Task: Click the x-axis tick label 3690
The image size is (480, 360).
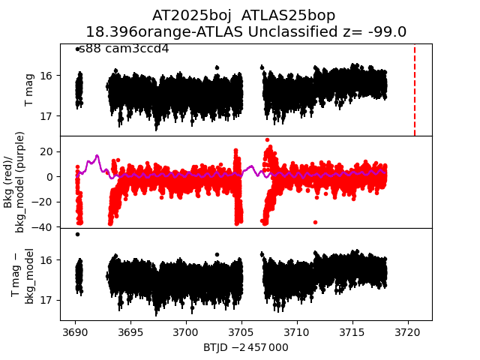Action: point(76,332)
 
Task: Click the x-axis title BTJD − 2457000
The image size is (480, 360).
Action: point(246,347)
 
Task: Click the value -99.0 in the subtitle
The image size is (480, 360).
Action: point(383,32)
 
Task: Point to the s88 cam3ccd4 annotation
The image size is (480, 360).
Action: point(124,49)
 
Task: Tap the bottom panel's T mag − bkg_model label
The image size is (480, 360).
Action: point(22,275)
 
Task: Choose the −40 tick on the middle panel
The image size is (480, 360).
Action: point(43,227)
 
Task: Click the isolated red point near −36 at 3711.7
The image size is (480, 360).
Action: point(315,222)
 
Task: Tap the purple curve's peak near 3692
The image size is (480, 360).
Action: point(97,156)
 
